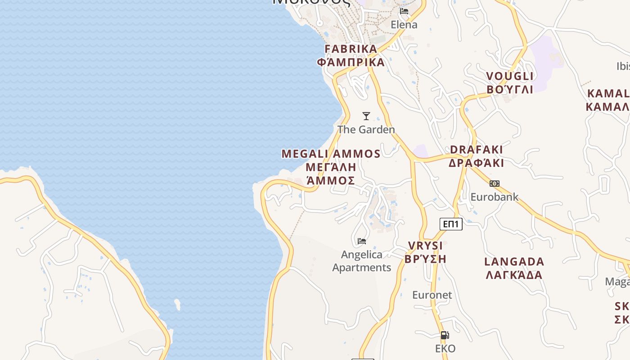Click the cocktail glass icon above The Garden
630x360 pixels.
pos(366,116)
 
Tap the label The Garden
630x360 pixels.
pos(366,130)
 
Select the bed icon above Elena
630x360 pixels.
pos(404,11)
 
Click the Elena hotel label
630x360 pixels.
pos(404,25)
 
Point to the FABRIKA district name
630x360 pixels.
pos(351,49)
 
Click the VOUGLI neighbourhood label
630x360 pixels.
pos(510,76)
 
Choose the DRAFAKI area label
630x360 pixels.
pos(476,149)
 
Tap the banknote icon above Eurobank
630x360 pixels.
pos(495,184)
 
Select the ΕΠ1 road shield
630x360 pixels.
pos(451,224)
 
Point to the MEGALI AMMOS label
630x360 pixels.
pos(331,154)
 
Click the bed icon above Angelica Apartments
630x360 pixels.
pos(362,241)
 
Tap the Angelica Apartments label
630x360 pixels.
pos(362,261)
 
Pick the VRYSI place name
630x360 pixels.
pos(425,246)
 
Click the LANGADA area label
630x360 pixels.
pos(514,262)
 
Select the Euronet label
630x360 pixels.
pos(432,295)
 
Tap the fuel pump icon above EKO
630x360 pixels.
pos(445,335)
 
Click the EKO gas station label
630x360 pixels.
pos(445,349)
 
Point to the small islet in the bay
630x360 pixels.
pos(177,305)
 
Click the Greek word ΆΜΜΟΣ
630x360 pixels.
pos(331,181)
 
